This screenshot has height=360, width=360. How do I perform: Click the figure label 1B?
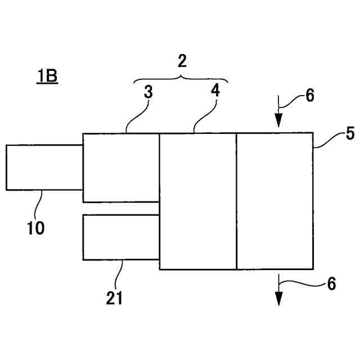click(x=47, y=75)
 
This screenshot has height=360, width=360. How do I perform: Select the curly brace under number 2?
click(x=181, y=78)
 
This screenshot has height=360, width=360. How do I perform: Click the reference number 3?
click(x=148, y=92)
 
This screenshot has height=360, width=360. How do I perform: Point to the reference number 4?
click(x=215, y=91)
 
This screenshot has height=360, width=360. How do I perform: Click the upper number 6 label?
click(x=310, y=95)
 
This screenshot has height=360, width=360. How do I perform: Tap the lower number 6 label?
click(x=331, y=284)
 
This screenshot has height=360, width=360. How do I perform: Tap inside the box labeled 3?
click(x=121, y=168)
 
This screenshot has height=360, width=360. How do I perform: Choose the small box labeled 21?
click(x=121, y=237)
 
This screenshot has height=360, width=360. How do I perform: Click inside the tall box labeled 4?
click(x=198, y=201)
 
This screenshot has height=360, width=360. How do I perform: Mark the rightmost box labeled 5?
click(x=274, y=201)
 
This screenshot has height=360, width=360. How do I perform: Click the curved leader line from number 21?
click(x=118, y=273)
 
